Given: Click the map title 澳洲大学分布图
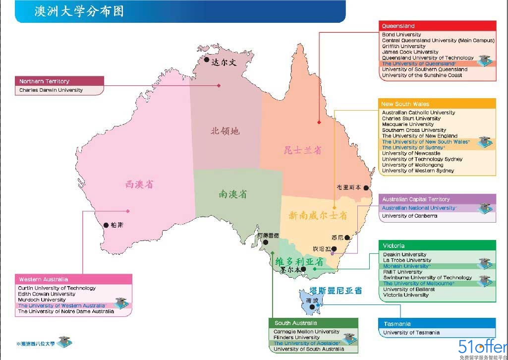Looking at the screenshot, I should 79,11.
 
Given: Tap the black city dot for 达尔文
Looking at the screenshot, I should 207,60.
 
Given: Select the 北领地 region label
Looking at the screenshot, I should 225,131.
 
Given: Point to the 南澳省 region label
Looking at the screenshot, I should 232,194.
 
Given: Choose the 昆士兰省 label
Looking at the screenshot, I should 302,150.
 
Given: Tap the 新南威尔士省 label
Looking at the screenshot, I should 318,216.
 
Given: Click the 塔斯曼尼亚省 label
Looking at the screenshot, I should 336,291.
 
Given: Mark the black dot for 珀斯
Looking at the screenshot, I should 106,225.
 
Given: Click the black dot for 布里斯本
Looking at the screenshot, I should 366,188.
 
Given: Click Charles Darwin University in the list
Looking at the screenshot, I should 51,90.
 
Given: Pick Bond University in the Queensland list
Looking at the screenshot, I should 401,35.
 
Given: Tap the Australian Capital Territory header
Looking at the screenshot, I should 416,199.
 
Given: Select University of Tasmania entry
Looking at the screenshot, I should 411,333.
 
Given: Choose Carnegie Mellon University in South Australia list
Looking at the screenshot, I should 306,332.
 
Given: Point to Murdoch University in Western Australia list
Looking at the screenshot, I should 42,300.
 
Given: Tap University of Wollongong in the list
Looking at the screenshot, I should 409,165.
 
